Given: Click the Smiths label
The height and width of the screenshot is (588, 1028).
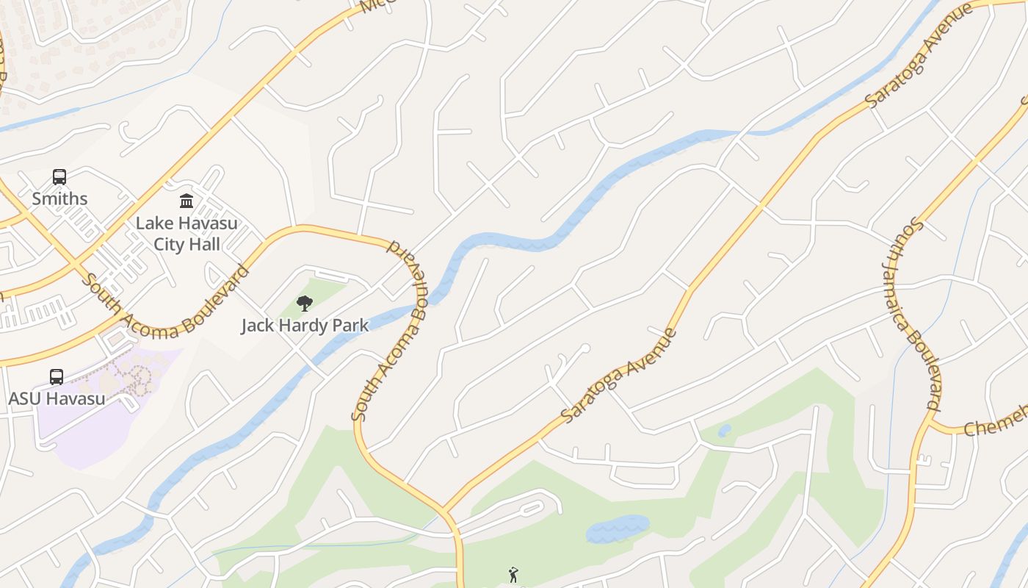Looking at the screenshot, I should point(59,198).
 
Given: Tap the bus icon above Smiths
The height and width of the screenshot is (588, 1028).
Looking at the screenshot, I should point(59,177).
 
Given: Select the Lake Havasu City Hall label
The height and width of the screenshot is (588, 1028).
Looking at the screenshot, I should point(187,233).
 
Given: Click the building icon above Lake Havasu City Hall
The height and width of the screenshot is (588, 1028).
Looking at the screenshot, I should point(187,201).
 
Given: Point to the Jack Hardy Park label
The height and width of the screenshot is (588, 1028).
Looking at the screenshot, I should point(305,325).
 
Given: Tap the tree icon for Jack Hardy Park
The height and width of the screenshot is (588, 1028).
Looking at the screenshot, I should point(305,304).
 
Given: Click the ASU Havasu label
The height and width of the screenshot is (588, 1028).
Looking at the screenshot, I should point(57,398).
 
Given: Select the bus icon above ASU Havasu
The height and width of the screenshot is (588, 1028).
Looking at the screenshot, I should point(57,377).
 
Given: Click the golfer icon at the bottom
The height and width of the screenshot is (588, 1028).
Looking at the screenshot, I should point(513,575).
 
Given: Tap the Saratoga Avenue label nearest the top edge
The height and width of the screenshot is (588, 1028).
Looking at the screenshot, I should point(920,56).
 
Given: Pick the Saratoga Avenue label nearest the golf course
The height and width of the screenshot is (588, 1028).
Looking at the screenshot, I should point(619,375).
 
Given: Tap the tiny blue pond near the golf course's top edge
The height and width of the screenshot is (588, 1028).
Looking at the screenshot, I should point(724,431).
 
